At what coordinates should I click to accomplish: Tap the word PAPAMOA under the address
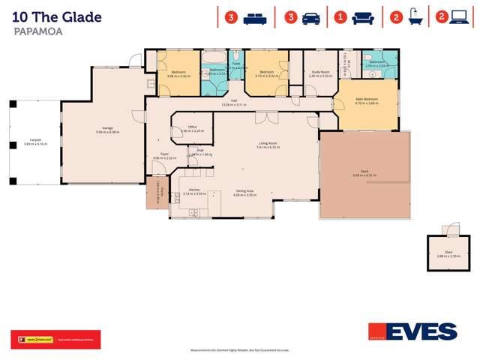(37, 33)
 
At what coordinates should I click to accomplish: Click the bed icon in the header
(253, 17)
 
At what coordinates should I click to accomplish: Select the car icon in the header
(310, 17)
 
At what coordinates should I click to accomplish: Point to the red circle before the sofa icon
(341, 17)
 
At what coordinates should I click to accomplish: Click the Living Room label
(268, 143)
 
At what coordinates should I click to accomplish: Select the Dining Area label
(245, 190)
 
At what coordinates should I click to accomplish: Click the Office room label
(192, 127)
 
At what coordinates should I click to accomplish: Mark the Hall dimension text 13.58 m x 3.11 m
(235, 104)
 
